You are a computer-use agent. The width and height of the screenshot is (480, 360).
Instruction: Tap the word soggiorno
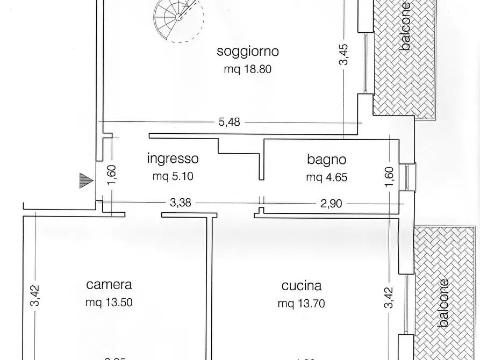click(x=248, y=52)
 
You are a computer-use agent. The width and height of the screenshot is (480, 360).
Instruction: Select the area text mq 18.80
click(x=248, y=69)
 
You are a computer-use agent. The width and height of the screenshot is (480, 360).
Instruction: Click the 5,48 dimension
click(x=230, y=122)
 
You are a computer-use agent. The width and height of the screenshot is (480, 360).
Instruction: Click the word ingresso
click(x=173, y=159)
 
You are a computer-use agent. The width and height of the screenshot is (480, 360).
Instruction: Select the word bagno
click(x=327, y=159)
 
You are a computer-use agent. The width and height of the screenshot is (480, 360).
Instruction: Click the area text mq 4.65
click(x=327, y=177)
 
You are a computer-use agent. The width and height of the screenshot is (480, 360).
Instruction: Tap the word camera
click(x=109, y=285)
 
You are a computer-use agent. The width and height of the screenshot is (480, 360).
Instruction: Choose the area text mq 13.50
click(x=109, y=303)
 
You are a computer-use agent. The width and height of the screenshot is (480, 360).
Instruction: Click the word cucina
click(x=301, y=285)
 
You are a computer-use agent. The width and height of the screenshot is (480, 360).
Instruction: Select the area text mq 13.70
click(x=301, y=303)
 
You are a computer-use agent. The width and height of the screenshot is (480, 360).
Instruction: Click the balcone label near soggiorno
click(x=406, y=27)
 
